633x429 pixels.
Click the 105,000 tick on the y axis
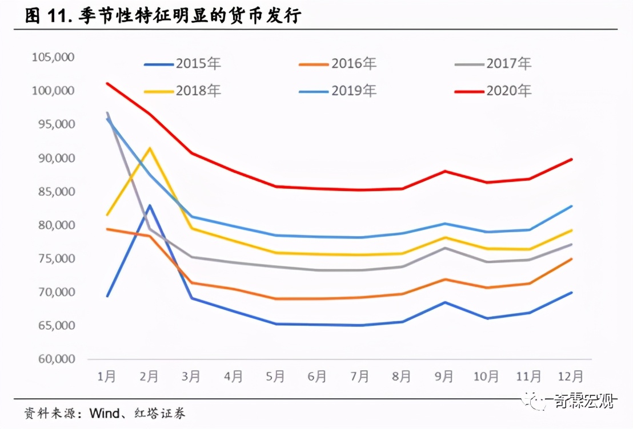53,57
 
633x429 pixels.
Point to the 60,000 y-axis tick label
55,359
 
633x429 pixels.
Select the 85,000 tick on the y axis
55,192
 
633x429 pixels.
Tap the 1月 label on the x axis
107,377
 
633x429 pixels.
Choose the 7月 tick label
359,377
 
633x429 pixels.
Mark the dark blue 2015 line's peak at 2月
150,205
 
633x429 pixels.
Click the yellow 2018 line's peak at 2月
150,148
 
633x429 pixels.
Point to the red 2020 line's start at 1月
107,83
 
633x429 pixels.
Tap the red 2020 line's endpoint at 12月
571,159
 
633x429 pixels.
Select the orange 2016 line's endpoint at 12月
571,259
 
